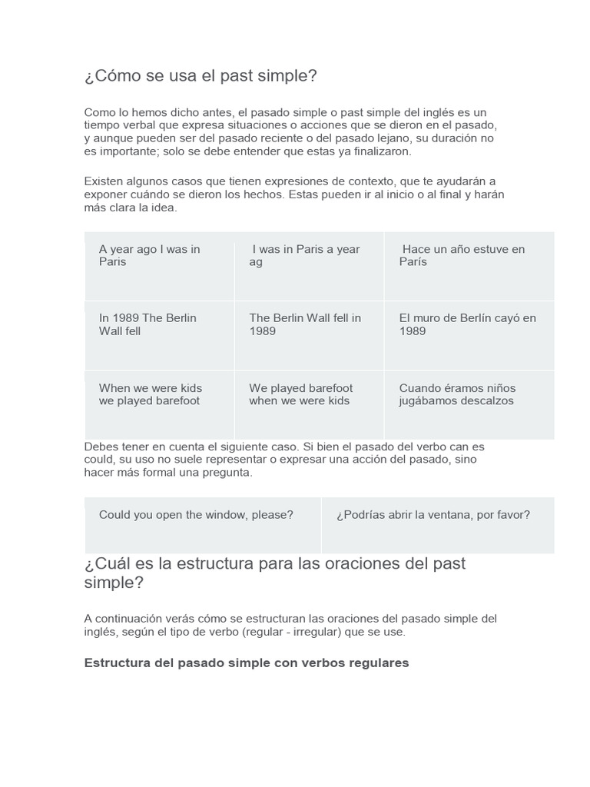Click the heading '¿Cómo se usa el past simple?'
[x=201, y=77]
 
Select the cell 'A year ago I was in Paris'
[x=159, y=266]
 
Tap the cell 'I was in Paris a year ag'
[x=309, y=266]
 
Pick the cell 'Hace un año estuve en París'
[x=469, y=266]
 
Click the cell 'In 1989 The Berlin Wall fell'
[x=159, y=335]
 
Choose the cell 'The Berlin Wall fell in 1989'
[x=309, y=335]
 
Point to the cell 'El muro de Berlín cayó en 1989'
[x=469, y=335]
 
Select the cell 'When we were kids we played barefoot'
[x=159, y=404]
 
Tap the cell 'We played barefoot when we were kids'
[x=309, y=404]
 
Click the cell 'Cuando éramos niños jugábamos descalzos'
[x=469, y=404]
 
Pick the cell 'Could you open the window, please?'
[x=202, y=525]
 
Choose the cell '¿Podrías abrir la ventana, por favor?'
[x=437, y=525]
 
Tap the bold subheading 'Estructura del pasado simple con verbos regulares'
[x=247, y=662]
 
